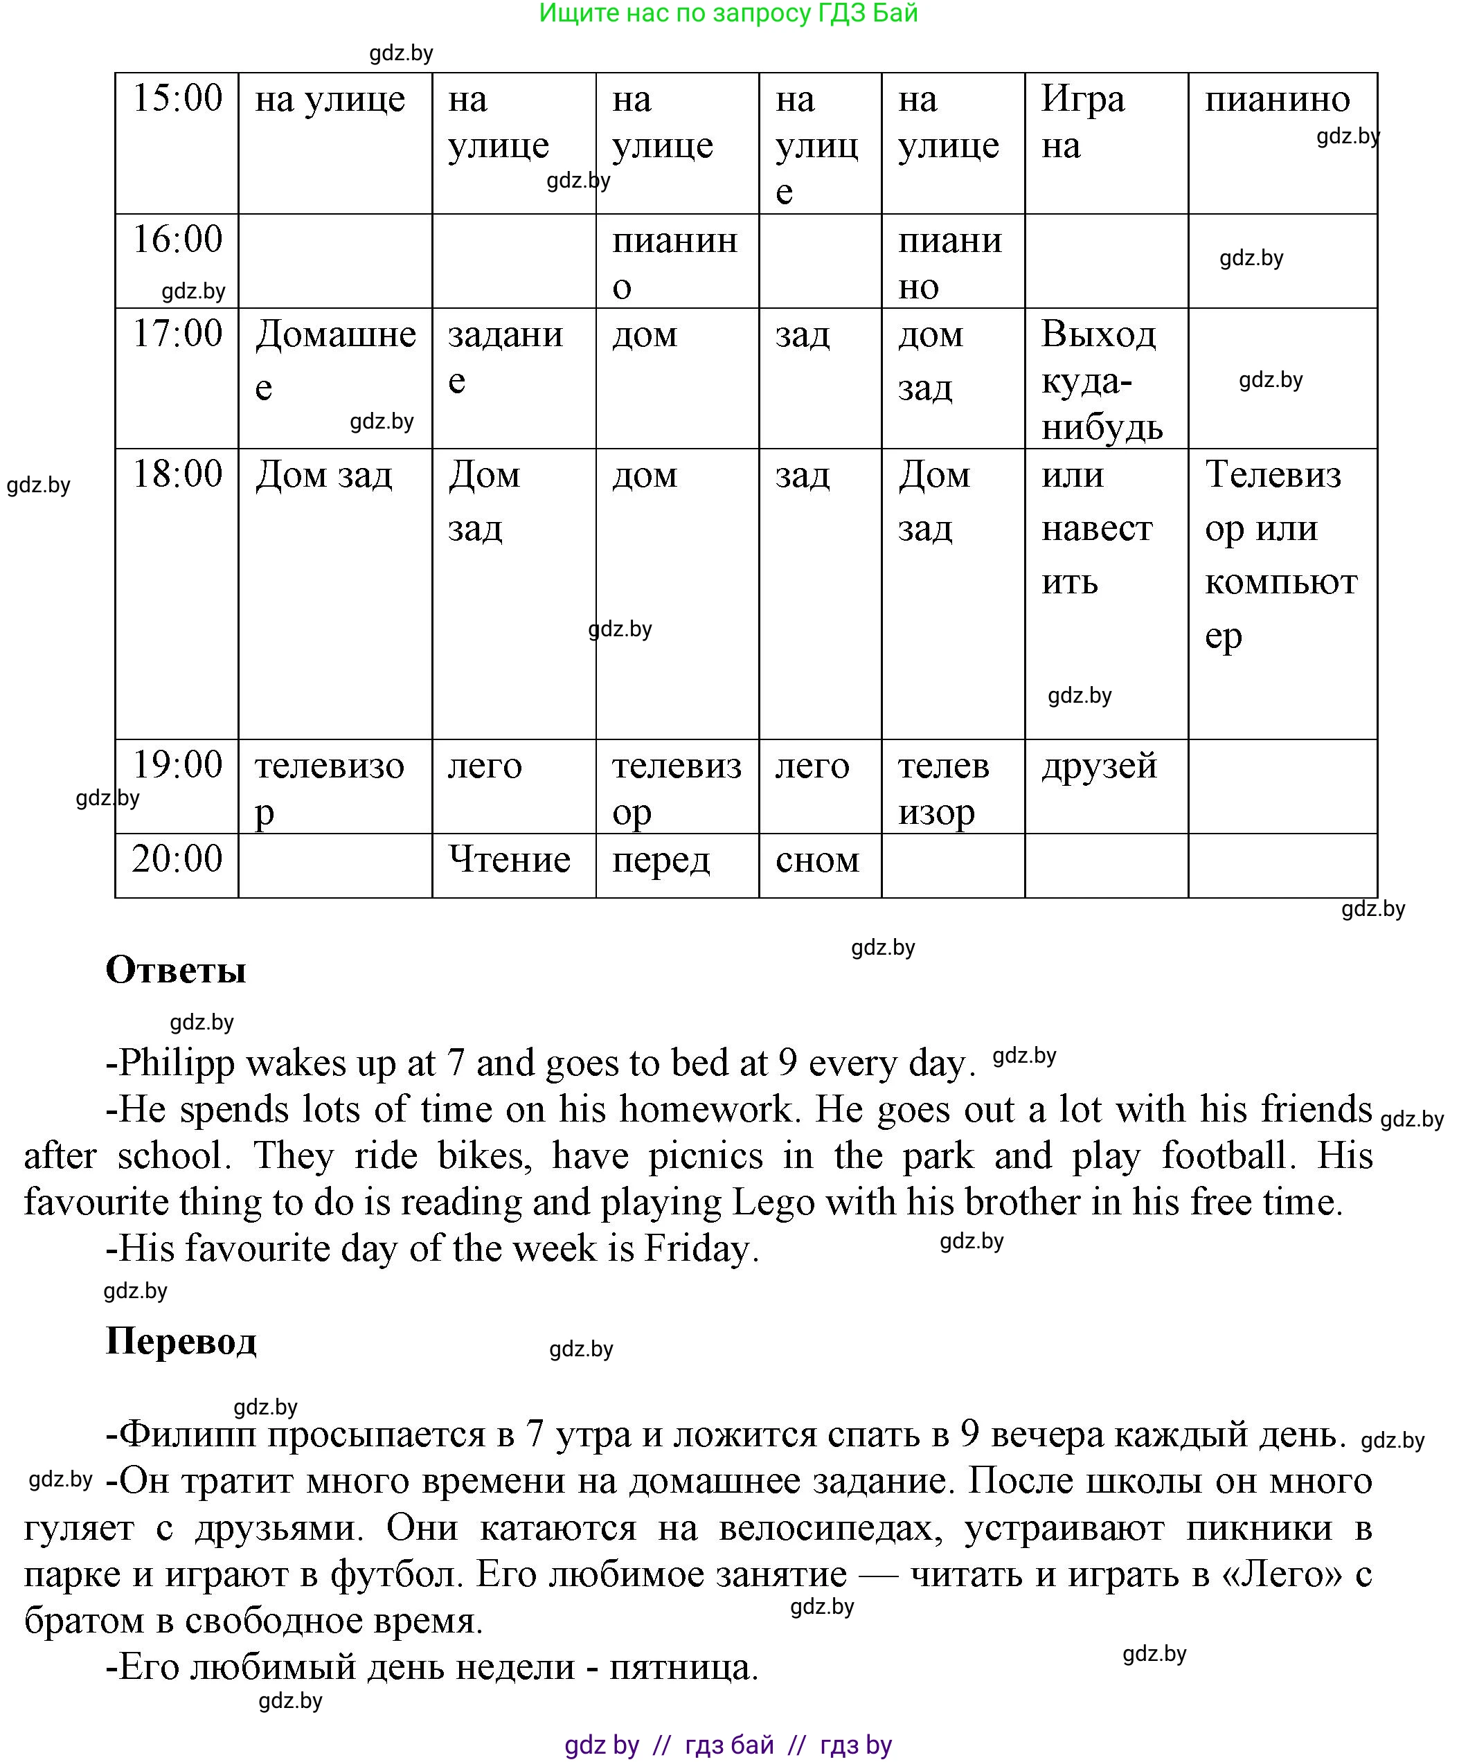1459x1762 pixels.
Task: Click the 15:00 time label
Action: (177, 98)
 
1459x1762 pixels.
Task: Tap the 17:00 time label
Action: (177, 333)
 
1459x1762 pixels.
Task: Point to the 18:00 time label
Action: (177, 474)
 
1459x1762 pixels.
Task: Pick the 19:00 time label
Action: (177, 764)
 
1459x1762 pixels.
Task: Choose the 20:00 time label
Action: (177, 858)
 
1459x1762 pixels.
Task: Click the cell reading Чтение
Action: (509, 859)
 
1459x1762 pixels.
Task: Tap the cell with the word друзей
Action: (1099, 765)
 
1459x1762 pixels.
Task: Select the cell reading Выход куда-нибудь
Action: (1102, 380)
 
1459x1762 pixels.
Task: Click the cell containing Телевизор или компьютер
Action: (1280, 555)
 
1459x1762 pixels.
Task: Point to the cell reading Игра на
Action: (1082, 122)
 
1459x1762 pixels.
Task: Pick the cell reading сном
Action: (817, 860)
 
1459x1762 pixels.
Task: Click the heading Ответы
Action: (176, 970)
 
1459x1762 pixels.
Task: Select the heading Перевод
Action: (181, 1341)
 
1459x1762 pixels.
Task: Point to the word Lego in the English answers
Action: (773, 1203)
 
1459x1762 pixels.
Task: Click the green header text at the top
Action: (728, 13)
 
